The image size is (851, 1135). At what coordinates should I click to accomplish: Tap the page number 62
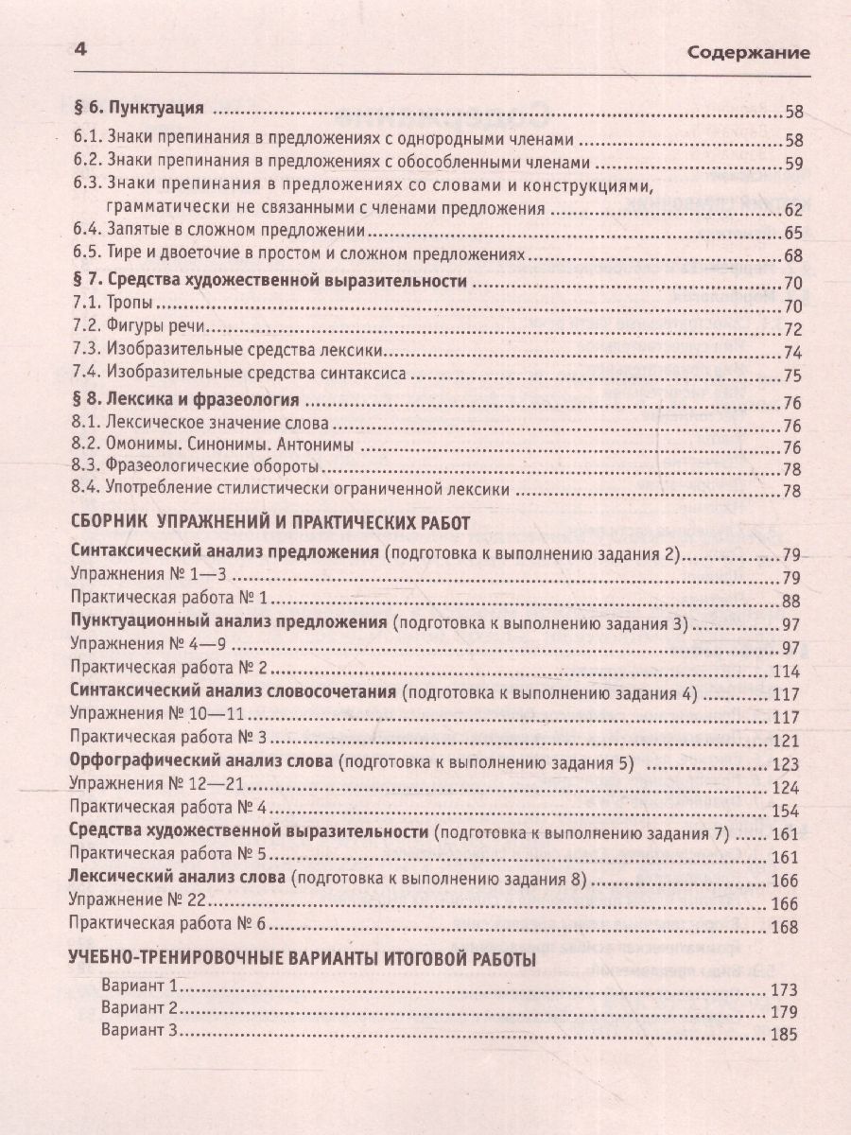(792, 209)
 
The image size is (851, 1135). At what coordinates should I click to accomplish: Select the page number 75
(792, 375)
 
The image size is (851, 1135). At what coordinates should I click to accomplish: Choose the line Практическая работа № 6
(172, 926)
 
